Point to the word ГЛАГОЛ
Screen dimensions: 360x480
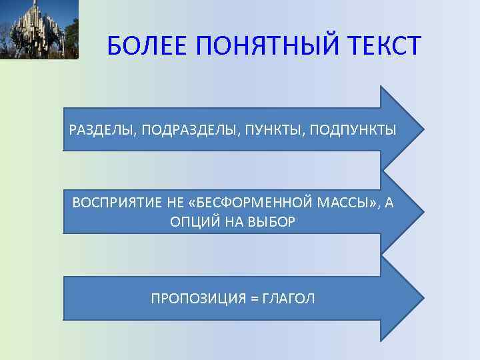pos(289,298)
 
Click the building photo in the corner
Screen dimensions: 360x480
pos(39,29)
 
